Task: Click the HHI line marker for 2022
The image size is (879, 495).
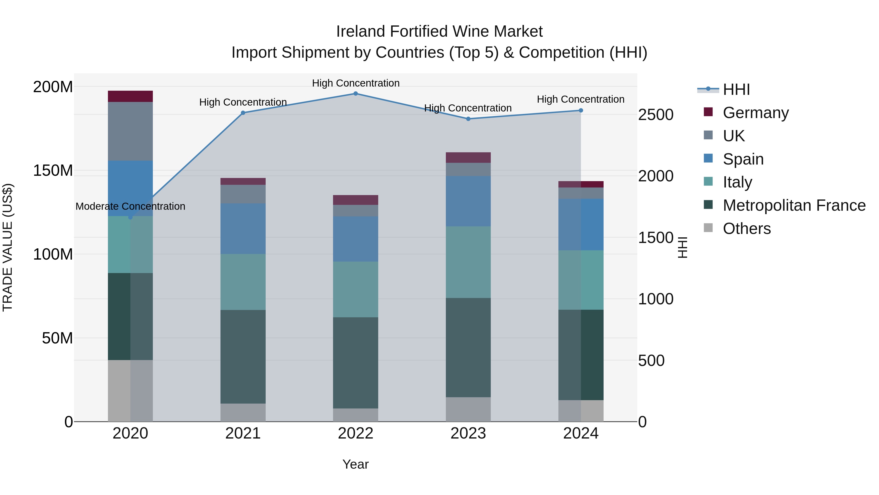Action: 356,94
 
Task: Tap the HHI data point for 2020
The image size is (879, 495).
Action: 130,217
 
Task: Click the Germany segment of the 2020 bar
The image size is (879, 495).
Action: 130,96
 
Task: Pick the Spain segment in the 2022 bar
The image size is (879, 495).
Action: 356,239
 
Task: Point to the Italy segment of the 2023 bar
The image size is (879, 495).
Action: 468,262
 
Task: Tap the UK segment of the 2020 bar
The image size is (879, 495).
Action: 130,131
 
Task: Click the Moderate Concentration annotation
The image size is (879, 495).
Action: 130,206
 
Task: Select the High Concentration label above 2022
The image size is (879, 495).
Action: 356,83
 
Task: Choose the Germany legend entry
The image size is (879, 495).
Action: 755,113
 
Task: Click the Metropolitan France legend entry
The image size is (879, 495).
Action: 794,205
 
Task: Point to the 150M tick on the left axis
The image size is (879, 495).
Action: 53,170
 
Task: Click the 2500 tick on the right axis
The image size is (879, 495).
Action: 656,115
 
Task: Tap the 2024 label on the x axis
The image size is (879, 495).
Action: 581,433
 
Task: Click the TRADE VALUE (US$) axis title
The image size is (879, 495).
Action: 8,247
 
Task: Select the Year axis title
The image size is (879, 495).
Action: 356,464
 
